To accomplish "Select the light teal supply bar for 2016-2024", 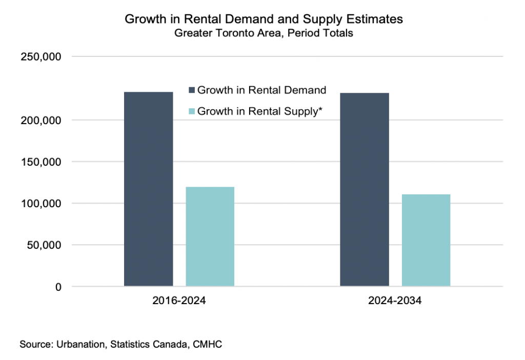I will pyautogui.click(x=210, y=236).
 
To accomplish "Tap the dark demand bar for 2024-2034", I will pyautogui.click(x=365, y=189).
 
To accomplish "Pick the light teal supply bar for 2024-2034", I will pyautogui.click(x=426, y=240).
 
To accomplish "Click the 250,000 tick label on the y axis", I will pyautogui.click(x=42, y=57).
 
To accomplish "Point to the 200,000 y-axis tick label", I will pyautogui.click(x=42, y=121).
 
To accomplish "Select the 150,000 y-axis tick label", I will pyautogui.click(x=42, y=162).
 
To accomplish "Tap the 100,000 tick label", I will pyautogui.click(x=42, y=204).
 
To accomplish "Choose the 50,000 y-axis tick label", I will pyautogui.click(x=44, y=245).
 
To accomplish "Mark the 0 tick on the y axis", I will pyautogui.click(x=58, y=287).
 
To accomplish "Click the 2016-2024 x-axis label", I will pyautogui.click(x=179, y=301).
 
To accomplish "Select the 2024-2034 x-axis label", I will pyautogui.click(x=395, y=301).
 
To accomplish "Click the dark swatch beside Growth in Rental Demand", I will pyautogui.click(x=192, y=90).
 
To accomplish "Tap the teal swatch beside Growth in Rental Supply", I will pyautogui.click(x=192, y=111).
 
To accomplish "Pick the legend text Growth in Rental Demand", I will pyautogui.click(x=262, y=90).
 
